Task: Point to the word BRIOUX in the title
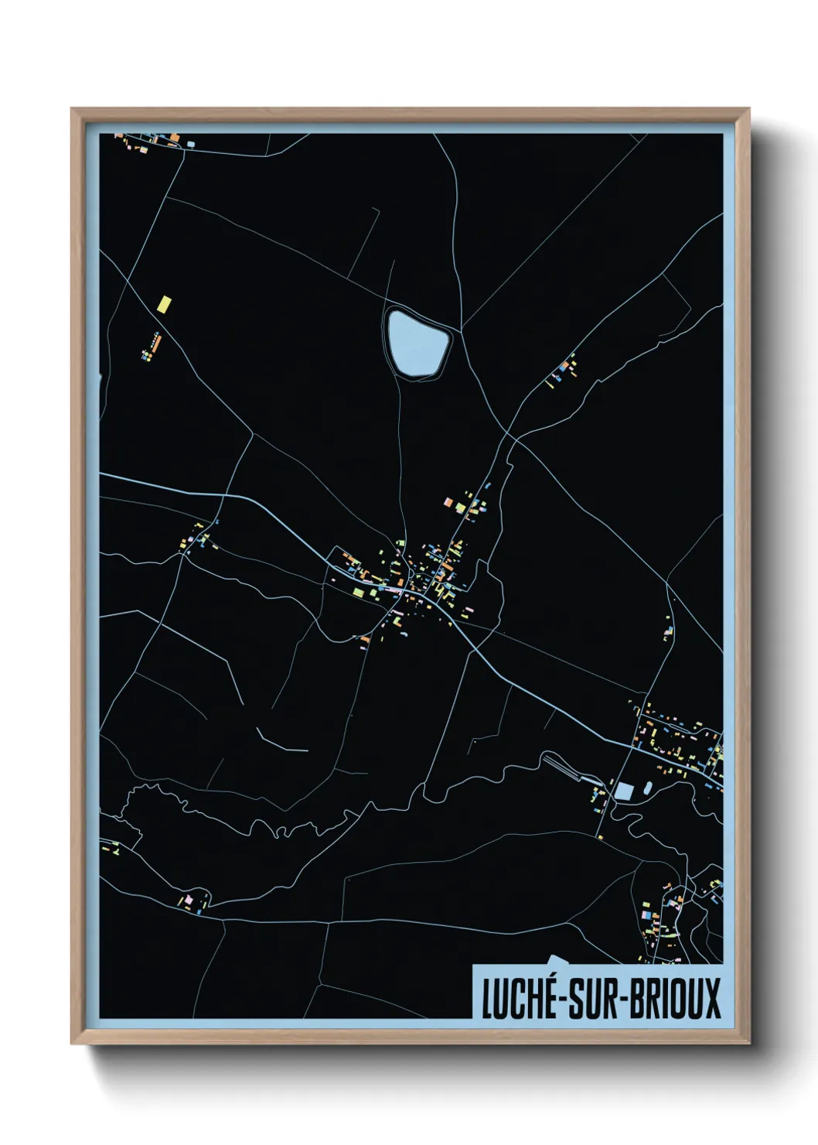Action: (x=673, y=999)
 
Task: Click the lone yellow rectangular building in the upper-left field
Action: (x=164, y=302)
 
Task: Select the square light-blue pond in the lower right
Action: (x=624, y=791)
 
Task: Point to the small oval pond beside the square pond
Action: (x=647, y=787)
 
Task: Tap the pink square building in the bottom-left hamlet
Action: (x=186, y=901)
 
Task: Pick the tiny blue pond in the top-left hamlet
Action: (x=191, y=144)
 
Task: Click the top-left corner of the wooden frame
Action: (x=73, y=110)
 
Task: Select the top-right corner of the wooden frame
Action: (x=748, y=110)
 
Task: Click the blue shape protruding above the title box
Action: (x=558, y=959)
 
